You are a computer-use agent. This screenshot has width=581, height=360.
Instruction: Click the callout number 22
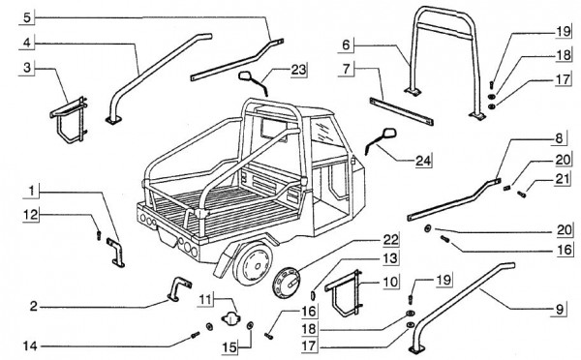(390, 241)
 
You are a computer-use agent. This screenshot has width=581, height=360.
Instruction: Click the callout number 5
(27, 17)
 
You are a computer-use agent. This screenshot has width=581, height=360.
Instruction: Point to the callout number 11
(207, 298)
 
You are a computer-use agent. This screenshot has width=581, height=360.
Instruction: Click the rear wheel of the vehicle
(253, 262)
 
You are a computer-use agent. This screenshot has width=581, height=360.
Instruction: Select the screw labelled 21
(521, 194)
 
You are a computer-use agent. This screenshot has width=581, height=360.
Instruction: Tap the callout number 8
(559, 138)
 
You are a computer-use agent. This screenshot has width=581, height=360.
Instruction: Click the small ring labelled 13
(313, 295)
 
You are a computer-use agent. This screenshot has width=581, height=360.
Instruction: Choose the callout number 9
(561, 309)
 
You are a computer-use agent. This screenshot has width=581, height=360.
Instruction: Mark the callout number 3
(27, 69)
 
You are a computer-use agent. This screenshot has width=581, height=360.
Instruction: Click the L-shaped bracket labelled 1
(116, 252)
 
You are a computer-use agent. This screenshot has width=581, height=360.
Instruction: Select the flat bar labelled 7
(401, 111)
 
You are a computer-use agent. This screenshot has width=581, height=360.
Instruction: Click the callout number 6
(346, 45)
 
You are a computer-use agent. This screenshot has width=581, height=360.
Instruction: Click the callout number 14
(30, 346)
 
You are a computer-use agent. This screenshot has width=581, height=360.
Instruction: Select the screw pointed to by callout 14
(195, 335)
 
